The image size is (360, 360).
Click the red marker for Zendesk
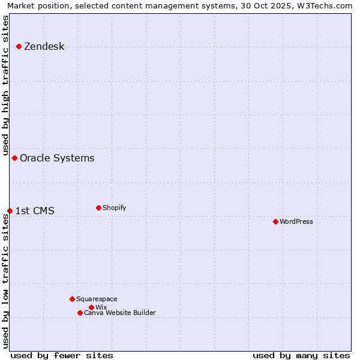pyautogui.click(x=19, y=46)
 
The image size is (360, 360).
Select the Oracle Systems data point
pyautogui.click(x=14, y=158)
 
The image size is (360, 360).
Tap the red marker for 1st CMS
pyautogui.click(x=10, y=211)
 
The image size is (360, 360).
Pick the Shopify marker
pyautogui.click(x=98, y=208)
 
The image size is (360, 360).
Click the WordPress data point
pyautogui.click(x=275, y=221)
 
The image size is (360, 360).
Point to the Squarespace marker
pyautogui.click(x=72, y=299)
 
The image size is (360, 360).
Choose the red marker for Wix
pyautogui.click(x=91, y=307)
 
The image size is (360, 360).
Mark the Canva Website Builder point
pyautogui.click(x=80, y=313)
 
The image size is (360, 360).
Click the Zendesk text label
pyautogui.click(x=44, y=46)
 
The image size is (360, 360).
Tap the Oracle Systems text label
pyautogui.click(x=57, y=158)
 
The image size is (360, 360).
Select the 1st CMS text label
pyautogui.click(x=34, y=211)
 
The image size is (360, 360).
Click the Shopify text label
pyautogui.click(x=114, y=208)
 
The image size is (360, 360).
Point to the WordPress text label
pyautogui.click(x=296, y=221)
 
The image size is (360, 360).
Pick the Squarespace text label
pyautogui.click(x=97, y=299)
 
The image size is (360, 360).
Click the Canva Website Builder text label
pyautogui.click(x=119, y=313)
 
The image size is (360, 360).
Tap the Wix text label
pyautogui.click(x=101, y=307)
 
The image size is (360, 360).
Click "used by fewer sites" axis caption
pyautogui.click(x=62, y=355)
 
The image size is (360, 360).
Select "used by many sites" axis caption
pyautogui.click(x=301, y=355)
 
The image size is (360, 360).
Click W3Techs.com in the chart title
pyautogui.click(x=326, y=5)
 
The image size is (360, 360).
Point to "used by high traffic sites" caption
pyautogui.click(x=5, y=84)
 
